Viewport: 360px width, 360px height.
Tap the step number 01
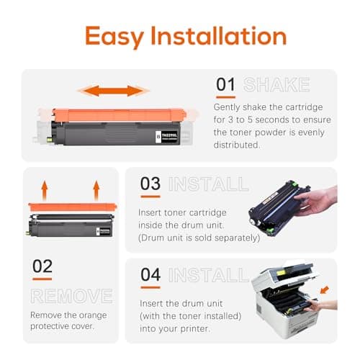click(226, 85)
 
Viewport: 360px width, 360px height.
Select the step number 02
click(42, 267)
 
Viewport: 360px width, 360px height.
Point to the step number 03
click(150, 184)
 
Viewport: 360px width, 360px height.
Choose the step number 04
click(150, 274)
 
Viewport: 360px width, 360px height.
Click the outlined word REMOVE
click(71, 295)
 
